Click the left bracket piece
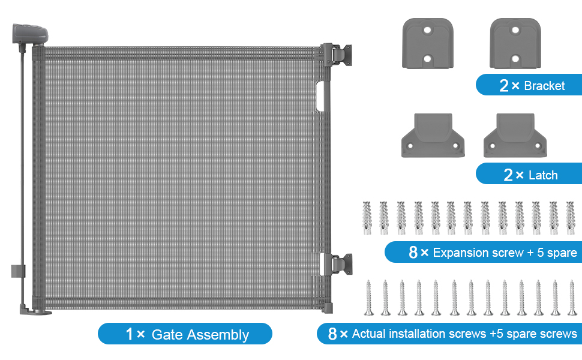click(427, 43)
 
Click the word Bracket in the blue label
click(544, 86)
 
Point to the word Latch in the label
click(543, 175)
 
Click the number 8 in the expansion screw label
click(413, 253)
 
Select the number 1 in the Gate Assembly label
click(129, 334)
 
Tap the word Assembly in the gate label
click(218, 334)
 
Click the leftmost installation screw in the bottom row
click(368, 298)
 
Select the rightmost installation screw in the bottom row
click(572, 298)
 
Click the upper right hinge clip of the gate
click(339, 55)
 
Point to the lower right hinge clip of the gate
click(339, 264)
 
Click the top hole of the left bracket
click(427, 29)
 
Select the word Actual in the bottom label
click(371, 334)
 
